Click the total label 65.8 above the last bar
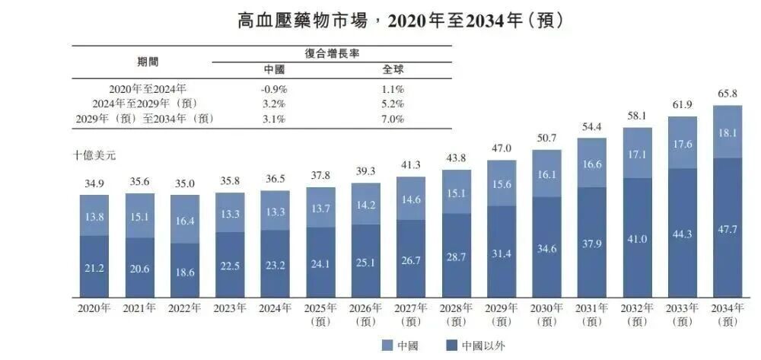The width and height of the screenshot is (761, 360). (x=727, y=95)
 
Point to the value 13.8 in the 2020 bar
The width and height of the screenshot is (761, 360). (x=94, y=217)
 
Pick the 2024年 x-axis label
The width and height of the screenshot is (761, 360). (x=275, y=308)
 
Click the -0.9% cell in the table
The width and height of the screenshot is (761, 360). (x=273, y=88)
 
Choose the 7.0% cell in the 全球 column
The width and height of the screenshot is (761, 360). (x=393, y=119)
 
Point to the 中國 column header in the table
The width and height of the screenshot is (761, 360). (x=273, y=69)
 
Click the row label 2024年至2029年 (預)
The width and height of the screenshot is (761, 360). (x=143, y=104)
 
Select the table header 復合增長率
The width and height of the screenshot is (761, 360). (x=331, y=53)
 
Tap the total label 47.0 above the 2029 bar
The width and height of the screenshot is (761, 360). (x=501, y=148)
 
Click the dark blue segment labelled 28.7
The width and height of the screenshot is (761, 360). (x=456, y=256)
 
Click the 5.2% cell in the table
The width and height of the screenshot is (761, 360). (x=393, y=104)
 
